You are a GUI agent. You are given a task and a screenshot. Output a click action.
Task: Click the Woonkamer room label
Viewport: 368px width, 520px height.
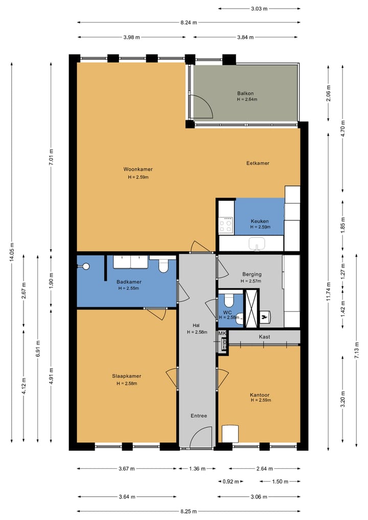138,169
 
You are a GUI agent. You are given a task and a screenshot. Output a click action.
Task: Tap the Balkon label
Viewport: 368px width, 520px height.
245,94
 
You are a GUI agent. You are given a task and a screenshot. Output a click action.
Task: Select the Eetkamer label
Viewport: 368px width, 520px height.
258,163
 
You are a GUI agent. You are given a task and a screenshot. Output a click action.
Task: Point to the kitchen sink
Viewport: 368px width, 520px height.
257,244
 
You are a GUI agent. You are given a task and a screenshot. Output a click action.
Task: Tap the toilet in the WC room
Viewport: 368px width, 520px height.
228,300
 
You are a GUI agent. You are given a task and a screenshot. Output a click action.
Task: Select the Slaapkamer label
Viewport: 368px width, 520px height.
127,376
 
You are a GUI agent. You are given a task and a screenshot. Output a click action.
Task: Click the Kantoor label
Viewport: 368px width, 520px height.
260,395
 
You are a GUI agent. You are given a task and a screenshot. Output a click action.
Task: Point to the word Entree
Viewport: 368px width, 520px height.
199,416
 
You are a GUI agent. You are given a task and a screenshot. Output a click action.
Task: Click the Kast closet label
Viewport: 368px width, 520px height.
264,336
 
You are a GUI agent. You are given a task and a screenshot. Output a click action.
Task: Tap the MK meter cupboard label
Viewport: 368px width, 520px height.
222,333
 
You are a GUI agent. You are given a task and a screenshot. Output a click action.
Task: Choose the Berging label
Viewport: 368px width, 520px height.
252,274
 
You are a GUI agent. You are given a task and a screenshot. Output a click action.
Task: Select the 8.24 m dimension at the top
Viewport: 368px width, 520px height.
189,22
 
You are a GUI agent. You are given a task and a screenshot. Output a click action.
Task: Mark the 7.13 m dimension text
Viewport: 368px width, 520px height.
357,350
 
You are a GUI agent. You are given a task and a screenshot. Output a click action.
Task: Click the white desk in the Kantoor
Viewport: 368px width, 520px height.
230,434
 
